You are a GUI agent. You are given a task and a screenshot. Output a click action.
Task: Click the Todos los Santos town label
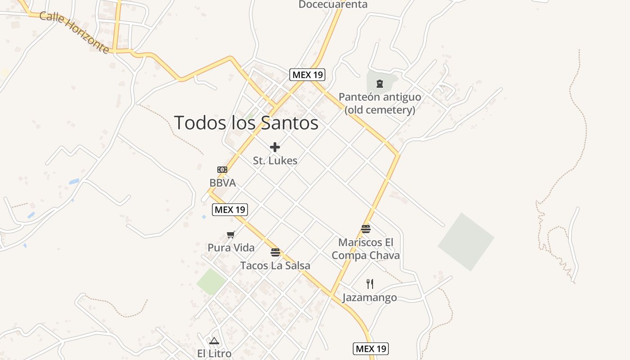tap(246, 123)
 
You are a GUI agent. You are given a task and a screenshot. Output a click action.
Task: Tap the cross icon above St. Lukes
tap(275, 147)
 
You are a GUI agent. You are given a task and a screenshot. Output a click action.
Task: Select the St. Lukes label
tap(275, 160)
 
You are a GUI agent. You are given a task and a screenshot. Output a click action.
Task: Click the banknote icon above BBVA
tap(222, 170)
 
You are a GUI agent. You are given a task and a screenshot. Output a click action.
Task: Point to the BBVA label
tap(222, 183)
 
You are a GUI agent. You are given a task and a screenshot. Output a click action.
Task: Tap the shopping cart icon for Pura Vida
tap(231, 234)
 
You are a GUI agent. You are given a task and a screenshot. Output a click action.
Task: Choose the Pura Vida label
tap(231, 247)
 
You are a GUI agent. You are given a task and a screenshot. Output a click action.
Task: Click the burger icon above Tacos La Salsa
tap(275, 252)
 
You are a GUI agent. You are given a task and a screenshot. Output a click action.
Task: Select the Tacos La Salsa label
tap(275, 265)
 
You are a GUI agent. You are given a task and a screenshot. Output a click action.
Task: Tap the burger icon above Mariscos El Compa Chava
tap(365, 229)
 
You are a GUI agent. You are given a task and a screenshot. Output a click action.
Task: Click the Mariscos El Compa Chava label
tap(365, 249)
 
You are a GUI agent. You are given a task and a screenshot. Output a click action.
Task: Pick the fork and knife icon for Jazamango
tap(369, 284)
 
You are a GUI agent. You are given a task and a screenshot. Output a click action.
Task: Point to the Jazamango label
tap(369, 297)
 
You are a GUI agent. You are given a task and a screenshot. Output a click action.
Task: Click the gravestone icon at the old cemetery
tap(380, 83)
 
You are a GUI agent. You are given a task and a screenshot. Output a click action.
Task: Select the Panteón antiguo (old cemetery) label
tap(380, 103)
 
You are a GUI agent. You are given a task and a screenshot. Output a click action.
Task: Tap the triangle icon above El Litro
tap(214, 341)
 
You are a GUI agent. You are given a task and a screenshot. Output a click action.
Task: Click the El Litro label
tap(214, 353)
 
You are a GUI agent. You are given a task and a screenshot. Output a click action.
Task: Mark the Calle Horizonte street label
tap(74, 32)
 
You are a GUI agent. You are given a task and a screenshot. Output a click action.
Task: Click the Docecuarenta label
tap(333, 4)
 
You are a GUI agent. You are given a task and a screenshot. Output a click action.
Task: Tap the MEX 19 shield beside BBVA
tap(230, 209)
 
